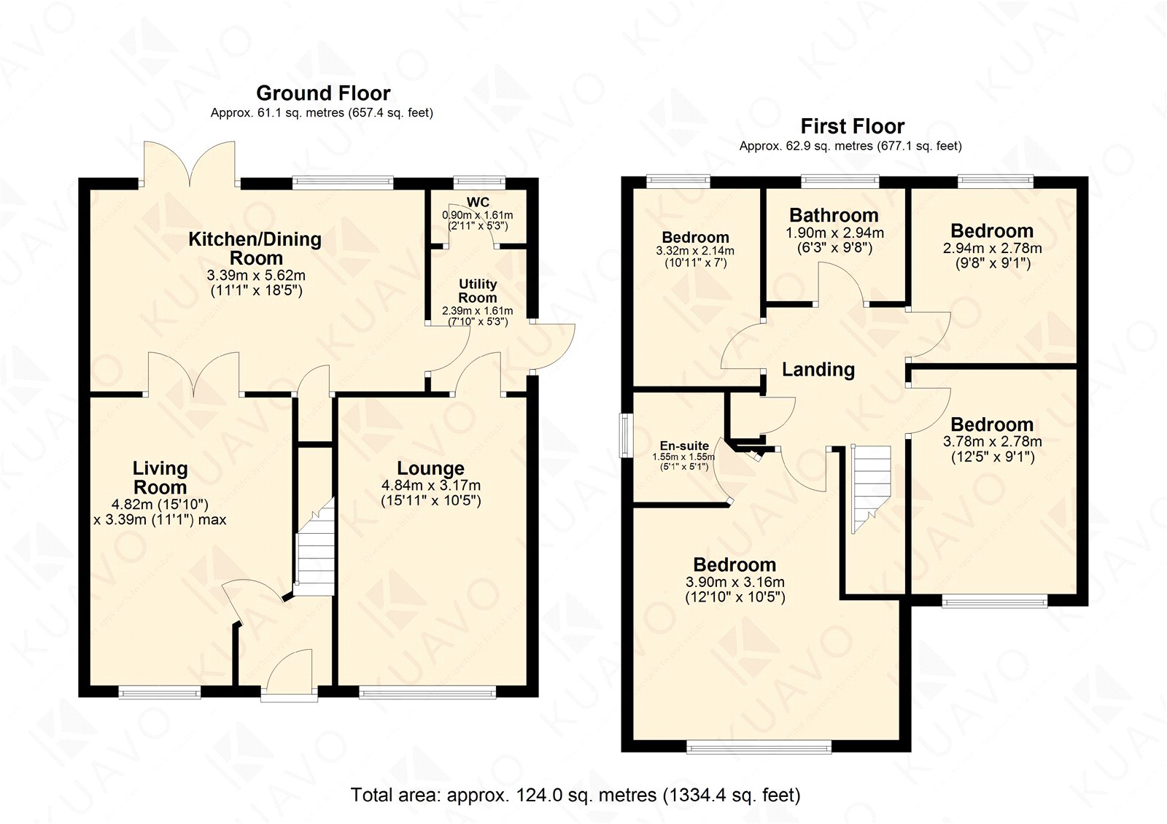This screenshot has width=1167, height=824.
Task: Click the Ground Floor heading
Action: [323, 93]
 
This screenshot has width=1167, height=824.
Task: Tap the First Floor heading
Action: [853, 126]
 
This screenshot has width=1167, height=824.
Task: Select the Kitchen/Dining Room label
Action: [255, 249]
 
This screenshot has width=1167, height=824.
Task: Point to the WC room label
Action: [478, 202]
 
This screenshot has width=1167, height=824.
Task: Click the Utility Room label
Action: [478, 291]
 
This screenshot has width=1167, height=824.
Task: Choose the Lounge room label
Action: [430, 468]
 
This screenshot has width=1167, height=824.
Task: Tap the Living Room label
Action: [160, 478]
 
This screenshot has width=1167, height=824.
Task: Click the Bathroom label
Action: [834, 215]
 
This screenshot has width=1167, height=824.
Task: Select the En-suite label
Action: [684, 446]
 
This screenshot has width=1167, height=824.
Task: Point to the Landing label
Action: [818, 369]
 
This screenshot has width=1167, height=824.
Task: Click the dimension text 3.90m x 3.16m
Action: [735, 582]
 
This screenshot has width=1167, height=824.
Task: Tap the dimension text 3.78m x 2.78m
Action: [993, 442]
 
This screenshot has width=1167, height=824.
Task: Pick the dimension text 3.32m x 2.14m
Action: [695, 251]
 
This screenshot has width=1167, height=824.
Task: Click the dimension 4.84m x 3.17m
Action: [431, 486]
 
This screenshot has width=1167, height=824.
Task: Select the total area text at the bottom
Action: [575, 795]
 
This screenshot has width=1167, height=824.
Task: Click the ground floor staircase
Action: [314, 547]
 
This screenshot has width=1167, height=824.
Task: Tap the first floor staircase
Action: [871, 489]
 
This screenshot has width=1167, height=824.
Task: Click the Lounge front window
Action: [427, 692]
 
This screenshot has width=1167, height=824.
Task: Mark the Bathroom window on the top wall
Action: [840, 182]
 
